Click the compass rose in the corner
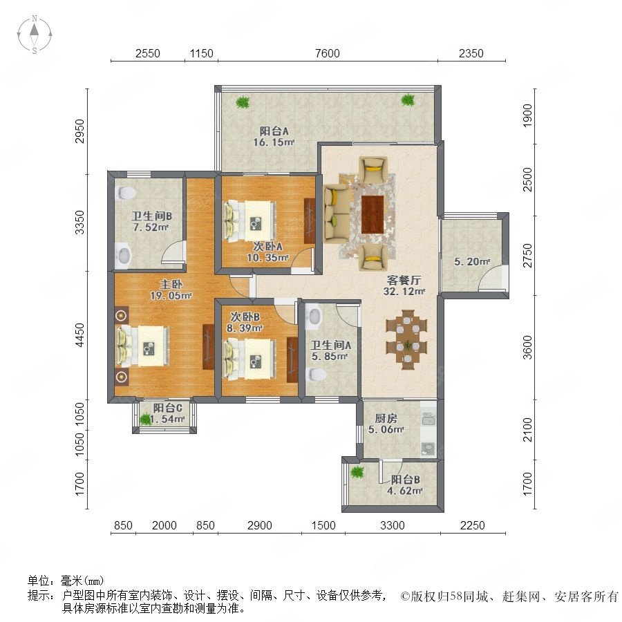35,34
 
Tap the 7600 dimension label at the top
328,53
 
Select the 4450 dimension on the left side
79,334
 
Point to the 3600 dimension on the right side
527,347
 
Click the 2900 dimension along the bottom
259,525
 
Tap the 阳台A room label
274,131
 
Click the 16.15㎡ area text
274,142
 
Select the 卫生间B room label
151,216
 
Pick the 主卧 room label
171,284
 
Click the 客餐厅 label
404,280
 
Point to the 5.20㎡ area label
472,261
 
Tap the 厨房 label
386,418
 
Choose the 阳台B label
405,479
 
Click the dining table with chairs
407,339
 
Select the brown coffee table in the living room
372,214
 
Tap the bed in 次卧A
249,221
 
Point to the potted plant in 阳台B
357,472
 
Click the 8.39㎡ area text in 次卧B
245,328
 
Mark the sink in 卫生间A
314,316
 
